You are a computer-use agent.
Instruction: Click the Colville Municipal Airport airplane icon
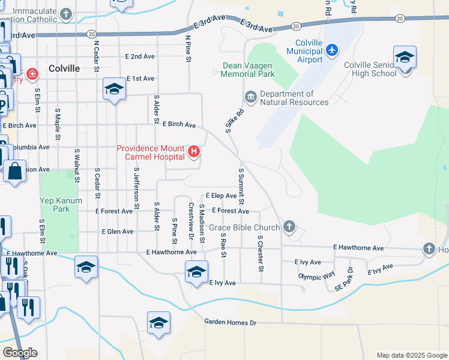point(331,51)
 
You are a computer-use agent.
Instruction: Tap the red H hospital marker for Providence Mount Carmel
point(194,152)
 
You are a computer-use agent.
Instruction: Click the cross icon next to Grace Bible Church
point(289,227)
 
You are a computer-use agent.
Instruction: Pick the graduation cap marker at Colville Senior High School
point(405,58)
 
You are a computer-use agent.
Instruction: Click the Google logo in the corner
point(20,352)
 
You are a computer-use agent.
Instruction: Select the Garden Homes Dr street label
point(230,323)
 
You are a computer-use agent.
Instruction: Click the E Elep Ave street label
point(221,196)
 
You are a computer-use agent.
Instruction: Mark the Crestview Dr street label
point(191,219)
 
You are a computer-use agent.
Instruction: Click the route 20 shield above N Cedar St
point(91,34)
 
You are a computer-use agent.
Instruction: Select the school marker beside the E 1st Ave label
point(113,90)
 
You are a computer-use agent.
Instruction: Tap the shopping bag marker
point(14,172)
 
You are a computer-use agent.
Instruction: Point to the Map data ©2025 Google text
point(411,355)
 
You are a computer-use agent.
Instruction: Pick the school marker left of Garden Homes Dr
point(158,323)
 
